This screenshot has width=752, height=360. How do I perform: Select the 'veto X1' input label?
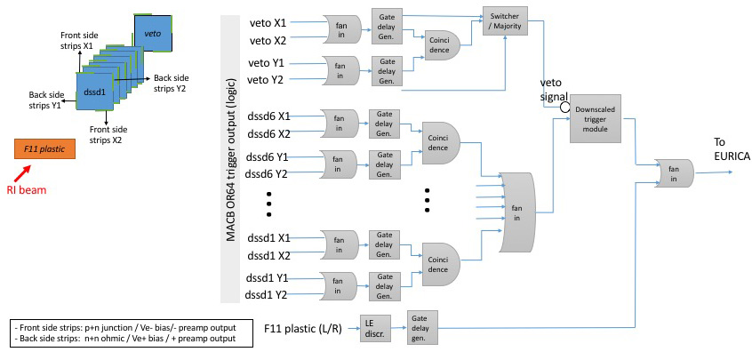click(x=268, y=22)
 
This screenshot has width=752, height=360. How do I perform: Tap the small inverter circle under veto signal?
click(x=564, y=108)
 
